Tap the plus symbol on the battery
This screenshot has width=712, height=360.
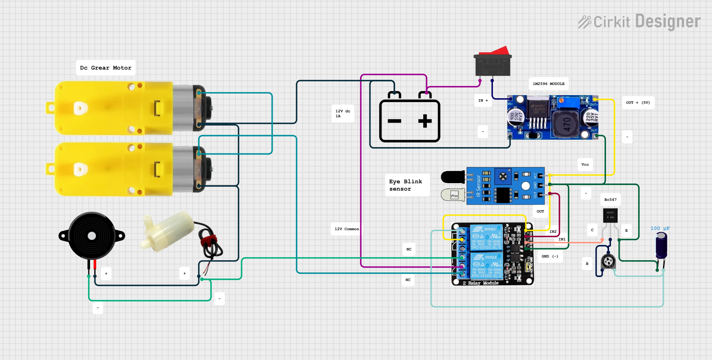pos(425,121)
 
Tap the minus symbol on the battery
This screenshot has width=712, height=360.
pos(394,121)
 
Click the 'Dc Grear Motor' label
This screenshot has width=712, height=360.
pos(106,68)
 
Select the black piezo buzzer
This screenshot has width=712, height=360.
pos(92,236)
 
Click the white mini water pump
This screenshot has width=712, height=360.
pos(168,231)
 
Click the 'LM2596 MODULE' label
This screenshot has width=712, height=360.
pos(548,84)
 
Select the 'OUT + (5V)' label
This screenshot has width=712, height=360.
pos(638,103)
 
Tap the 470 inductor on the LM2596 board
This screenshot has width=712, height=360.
pos(567,125)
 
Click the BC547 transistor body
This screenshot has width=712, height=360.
pos(610,215)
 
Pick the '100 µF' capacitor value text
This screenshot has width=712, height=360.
pos(660,229)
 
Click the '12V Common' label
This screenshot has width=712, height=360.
pos(347,229)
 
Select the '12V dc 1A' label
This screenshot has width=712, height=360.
pos(343,113)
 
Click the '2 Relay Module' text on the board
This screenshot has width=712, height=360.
pos(481,283)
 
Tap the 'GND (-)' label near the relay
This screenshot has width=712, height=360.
pos(550,256)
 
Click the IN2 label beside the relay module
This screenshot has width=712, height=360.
pos(553,232)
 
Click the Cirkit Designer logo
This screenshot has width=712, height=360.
pos(639,22)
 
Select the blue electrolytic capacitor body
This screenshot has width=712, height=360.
pos(661,246)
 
